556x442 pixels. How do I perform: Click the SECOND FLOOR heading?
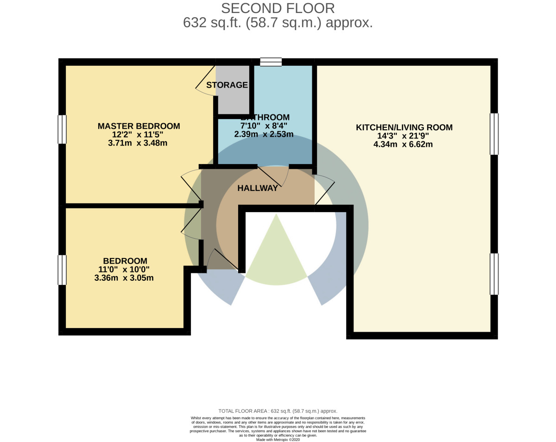278,8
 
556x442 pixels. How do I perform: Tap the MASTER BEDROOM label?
139,126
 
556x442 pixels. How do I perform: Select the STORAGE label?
227,85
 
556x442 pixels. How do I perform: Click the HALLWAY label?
258,188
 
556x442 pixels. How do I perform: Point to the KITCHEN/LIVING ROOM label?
404,127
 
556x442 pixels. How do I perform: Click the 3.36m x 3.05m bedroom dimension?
124,278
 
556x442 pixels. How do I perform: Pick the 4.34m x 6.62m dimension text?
403,144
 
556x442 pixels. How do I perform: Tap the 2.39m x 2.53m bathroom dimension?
264,134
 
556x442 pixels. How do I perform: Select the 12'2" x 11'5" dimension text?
138,134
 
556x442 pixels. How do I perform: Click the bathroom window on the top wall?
271,62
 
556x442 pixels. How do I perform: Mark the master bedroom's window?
62,129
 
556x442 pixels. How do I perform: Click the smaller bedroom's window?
62,270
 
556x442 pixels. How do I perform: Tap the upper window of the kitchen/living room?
494,134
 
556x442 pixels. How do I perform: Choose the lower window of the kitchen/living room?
494,274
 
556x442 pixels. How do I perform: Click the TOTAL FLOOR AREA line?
278,411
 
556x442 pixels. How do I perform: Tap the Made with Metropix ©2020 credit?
278,439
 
